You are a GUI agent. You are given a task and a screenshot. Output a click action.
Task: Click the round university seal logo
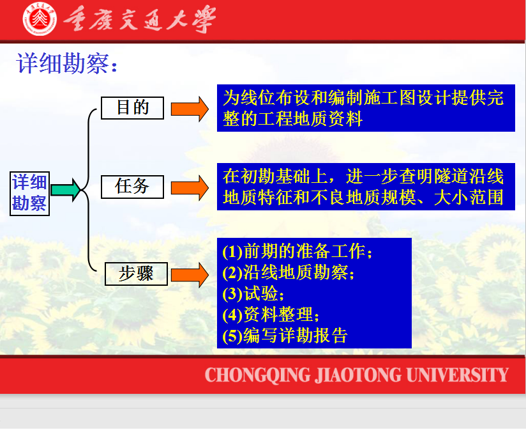pyautogui.click(x=40, y=19)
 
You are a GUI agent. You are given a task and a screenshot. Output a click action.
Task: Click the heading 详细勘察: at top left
pyautogui.click(x=67, y=63)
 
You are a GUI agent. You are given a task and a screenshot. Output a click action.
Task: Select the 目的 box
pyautogui.click(x=133, y=108)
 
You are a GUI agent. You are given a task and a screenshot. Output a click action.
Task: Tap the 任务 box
pyautogui.click(x=133, y=187)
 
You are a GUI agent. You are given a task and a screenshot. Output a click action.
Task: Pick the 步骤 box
pyautogui.click(x=136, y=274)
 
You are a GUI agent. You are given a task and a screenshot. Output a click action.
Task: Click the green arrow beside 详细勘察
pyautogui.click(x=66, y=190)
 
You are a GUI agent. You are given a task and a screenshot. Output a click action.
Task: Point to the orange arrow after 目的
pyautogui.click(x=190, y=109)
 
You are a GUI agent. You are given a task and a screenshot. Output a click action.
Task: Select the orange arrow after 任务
pyautogui.click(x=190, y=188)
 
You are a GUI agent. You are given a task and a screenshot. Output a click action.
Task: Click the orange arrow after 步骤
pyautogui.click(x=190, y=275)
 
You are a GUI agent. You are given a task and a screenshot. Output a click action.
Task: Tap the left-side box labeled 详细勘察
pyautogui.click(x=29, y=194)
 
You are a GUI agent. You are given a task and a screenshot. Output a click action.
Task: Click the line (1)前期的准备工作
pyautogui.click(x=297, y=251)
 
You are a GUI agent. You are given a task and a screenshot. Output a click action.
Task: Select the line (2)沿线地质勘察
pyautogui.click(x=288, y=272)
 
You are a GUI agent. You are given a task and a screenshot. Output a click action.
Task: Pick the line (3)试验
pyautogui.click(x=253, y=293)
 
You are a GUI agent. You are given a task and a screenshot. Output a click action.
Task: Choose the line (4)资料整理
pyautogui.click(x=271, y=315)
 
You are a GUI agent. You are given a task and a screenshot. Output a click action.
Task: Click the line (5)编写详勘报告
pyautogui.click(x=285, y=335)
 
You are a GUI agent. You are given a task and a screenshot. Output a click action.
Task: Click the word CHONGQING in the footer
pyautogui.click(x=258, y=375)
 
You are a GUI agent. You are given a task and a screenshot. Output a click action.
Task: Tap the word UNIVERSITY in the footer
pyautogui.click(x=458, y=375)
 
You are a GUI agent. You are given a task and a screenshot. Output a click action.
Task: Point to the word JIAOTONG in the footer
pyautogui.click(x=358, y=375)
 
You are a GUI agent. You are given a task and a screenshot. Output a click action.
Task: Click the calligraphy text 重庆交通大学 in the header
pyautogui.click(x=140, y=19)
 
